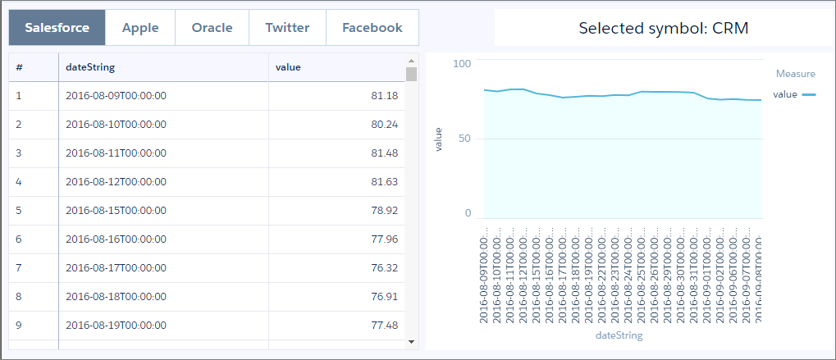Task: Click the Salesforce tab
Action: point(57,28)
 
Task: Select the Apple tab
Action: point(140,28)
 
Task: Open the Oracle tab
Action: point(212,28)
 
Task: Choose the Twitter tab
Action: point(287,28)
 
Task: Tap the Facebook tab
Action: point(372,28)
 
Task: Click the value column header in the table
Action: point(287,67)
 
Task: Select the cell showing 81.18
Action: point(384,96)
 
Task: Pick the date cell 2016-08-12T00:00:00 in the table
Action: point(116,181)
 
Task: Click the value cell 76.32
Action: point(384,267)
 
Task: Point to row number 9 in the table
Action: point(19,325)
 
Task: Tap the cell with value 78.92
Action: point(384,210)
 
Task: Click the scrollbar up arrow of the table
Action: point(411,60)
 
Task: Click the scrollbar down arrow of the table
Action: point(411,341)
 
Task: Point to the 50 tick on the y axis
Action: point(464,139)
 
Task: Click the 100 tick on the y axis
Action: point(462,64)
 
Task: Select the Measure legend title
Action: point(795,74)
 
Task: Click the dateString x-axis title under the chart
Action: point(619,335)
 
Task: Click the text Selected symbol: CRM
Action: point(664,29)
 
